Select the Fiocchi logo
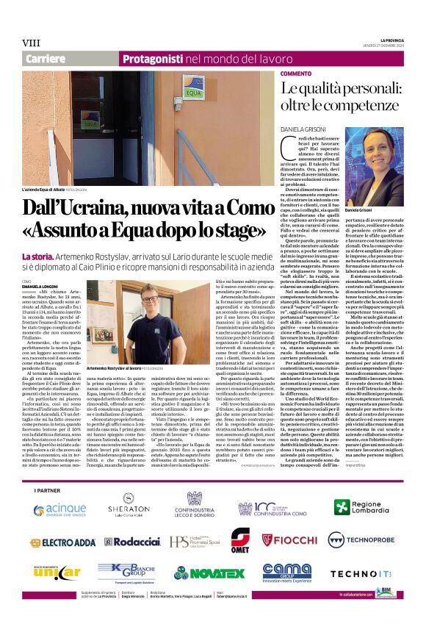tap(293, 542)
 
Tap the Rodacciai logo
tap(132, 542)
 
